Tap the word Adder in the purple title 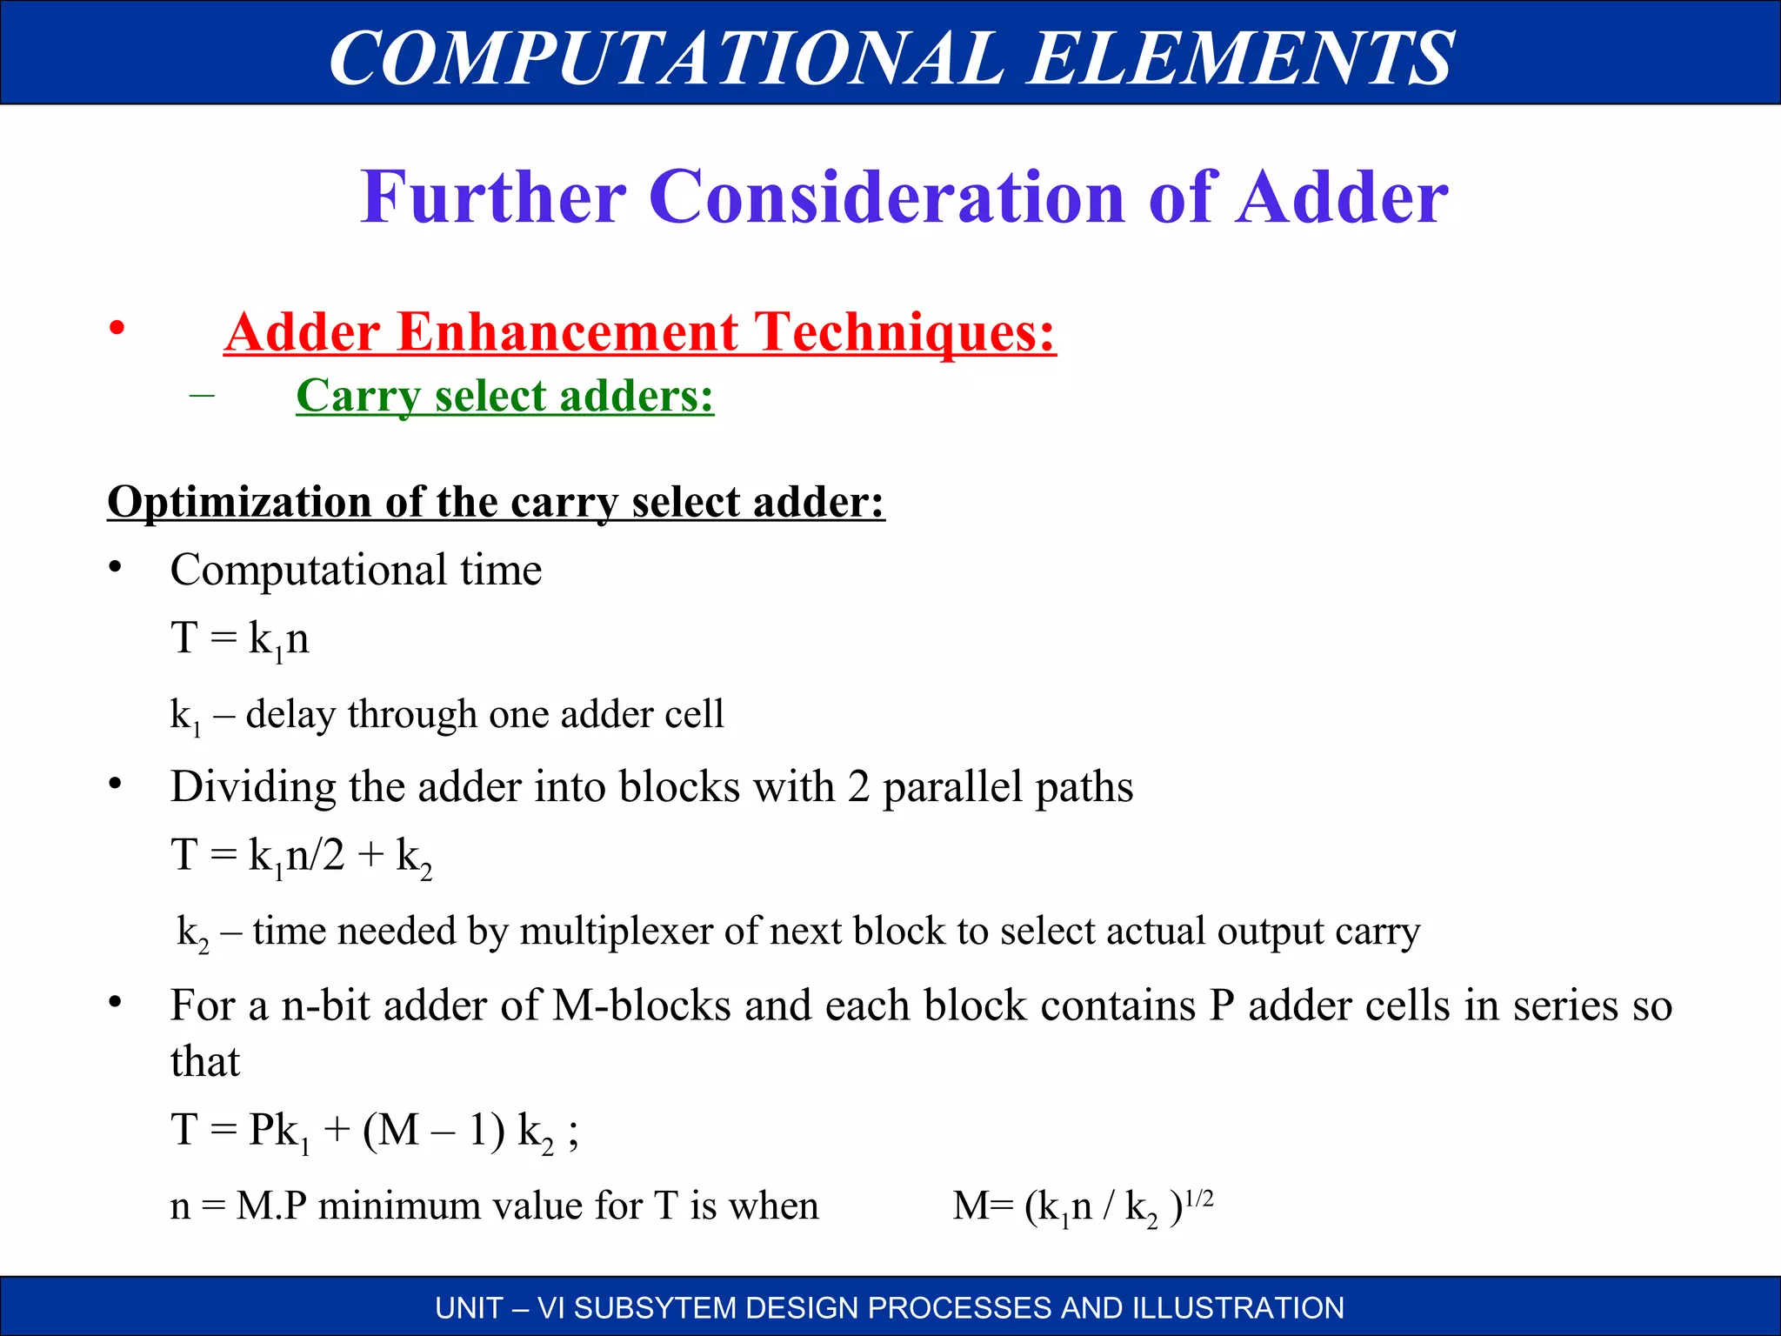click(1343, 197)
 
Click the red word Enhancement click(568, 332)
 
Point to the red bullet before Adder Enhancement click(117, 329)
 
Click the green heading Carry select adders click(504, 396)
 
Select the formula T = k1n click(240, 639)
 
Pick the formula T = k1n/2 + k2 click(301, 856)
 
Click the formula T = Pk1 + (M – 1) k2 click(374, 1132)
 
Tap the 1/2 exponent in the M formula click(1199, 1199)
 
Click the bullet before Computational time click(115, 569)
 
